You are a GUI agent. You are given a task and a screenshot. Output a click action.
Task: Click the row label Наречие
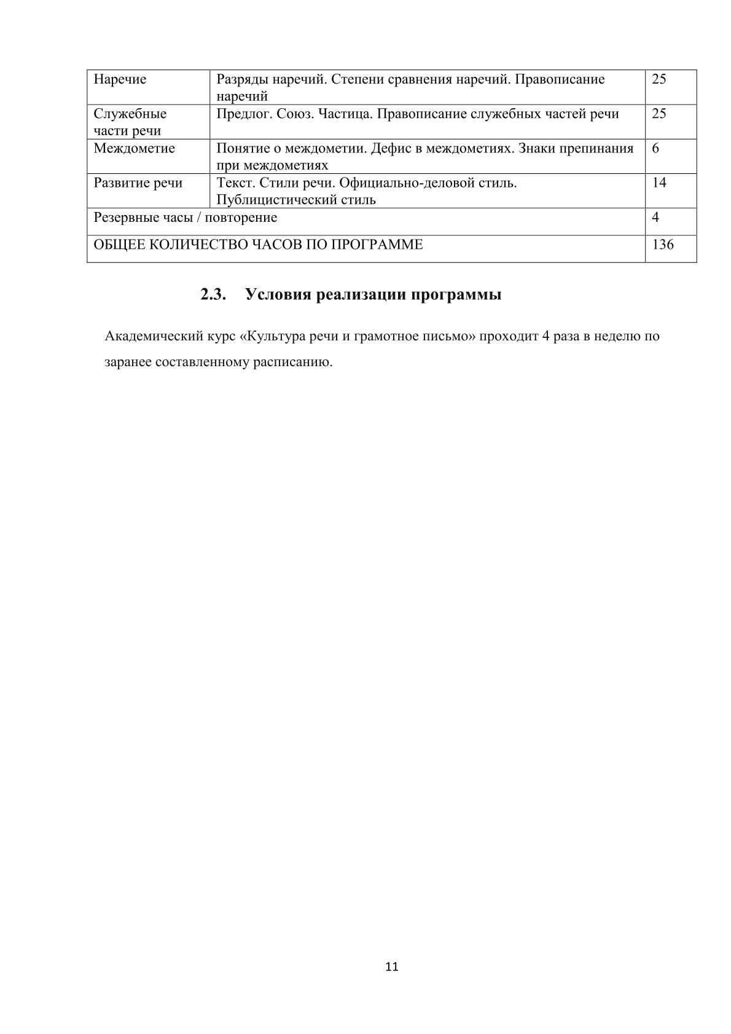click(120, 79)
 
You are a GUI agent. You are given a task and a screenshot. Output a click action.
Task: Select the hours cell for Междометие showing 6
click(655, 148)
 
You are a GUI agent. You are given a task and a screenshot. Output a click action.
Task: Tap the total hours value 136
click(663, 245)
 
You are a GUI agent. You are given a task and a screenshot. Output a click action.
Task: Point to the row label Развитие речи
click(138, 183)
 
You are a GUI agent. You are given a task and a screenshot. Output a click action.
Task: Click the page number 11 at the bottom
click(392, 966)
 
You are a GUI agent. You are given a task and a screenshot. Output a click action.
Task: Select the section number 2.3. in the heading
click(213, 295)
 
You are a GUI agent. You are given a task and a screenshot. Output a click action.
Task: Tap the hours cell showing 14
click(659, 182)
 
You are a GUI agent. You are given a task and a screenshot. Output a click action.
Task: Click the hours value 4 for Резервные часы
click(655, 217)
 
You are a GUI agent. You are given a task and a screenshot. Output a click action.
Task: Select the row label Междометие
click(134, 149)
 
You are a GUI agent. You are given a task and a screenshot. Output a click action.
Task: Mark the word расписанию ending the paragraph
click(299, 362)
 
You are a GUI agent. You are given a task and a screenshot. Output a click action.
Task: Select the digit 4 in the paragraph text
click(545, 337)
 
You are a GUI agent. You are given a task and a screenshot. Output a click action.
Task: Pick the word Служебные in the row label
click(130, 114)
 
